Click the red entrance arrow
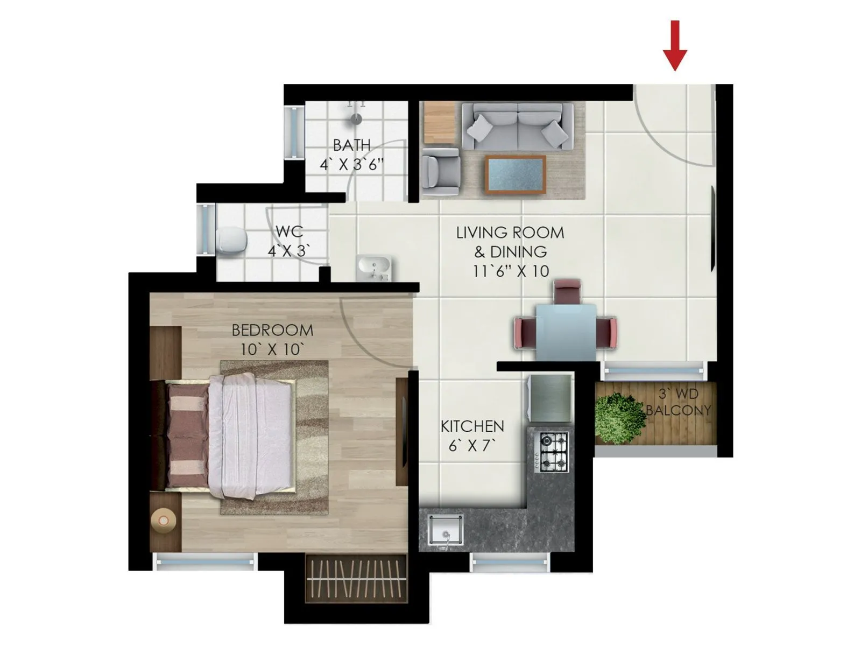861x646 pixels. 675,46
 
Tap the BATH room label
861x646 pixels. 352,145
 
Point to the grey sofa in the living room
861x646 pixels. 517,126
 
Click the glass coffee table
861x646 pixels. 516,174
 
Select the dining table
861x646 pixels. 566,331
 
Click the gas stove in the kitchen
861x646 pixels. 554,451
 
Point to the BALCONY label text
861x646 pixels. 678,410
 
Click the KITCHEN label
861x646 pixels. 472,426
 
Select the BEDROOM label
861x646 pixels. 272,330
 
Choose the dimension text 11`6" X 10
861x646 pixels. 511,271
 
